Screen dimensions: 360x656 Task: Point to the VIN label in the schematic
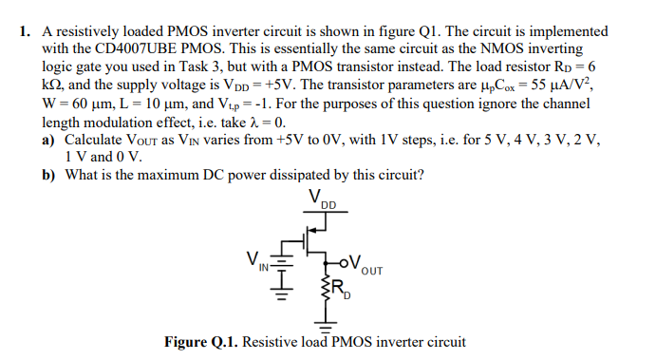click(256, 258)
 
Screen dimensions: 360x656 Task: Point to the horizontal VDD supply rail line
click(324, 213)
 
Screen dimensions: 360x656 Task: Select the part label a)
click(51, 141)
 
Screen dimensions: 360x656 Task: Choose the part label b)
click(51, 175)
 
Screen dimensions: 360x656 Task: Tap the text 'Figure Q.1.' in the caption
click(201, 343)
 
